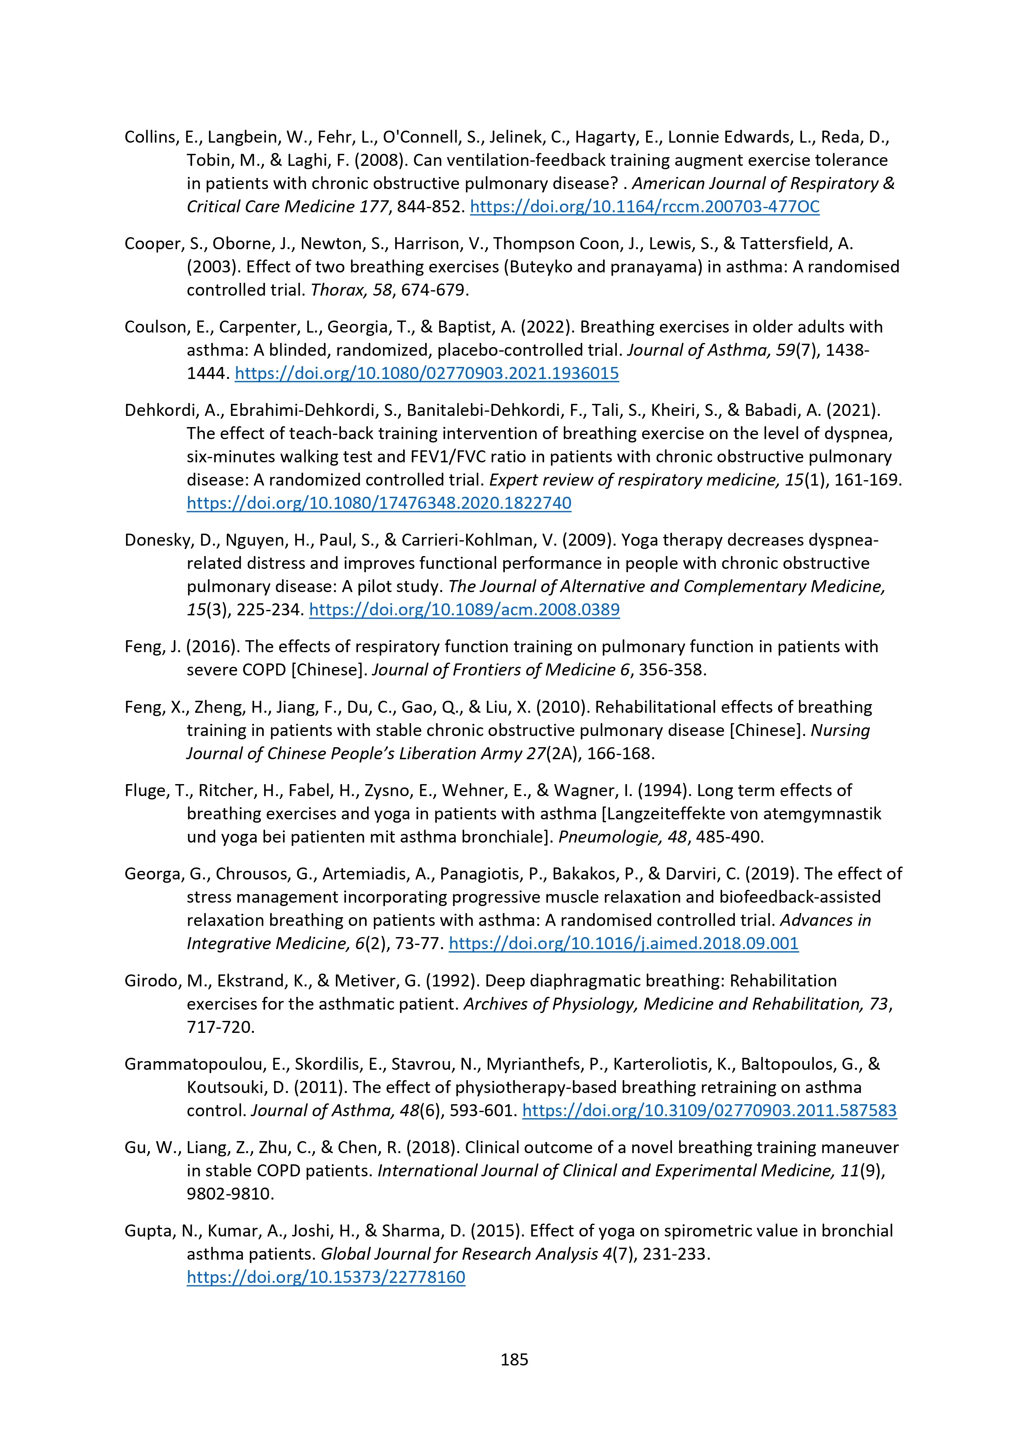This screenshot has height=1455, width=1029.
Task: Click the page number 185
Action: pyautogui.click(x=514, y=1359)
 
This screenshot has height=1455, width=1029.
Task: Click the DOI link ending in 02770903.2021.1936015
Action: pyautogui.click(x=427, y=373)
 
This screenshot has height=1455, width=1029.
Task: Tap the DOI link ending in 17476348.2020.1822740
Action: pyautogui.click(x=379, y=503)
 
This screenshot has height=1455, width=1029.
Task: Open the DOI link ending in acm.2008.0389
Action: pyautogui.click(x=464, y=610)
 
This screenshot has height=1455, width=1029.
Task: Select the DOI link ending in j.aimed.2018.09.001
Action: pyautogui.click(x=623, y=944)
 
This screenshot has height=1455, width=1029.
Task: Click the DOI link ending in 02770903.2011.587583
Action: pyautogui.click(x=710, y=1110)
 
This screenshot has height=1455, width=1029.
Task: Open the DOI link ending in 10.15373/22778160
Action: pyautogui.click(x=326, y=1277)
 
